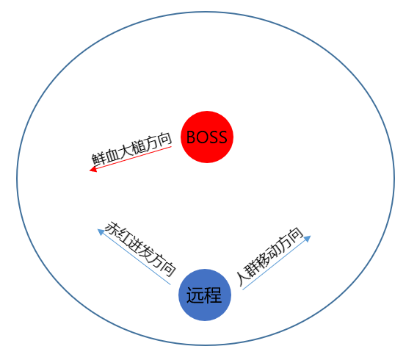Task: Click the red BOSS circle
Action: point(207,137)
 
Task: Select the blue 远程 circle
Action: point(205,295)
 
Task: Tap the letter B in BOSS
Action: point(191,137)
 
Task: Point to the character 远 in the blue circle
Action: point(195,295)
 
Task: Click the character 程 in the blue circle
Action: point(213,295)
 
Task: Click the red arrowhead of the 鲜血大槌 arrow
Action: point(93,169)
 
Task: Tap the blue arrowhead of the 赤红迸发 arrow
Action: point(101,231)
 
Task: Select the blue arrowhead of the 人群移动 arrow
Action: point(307,239)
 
